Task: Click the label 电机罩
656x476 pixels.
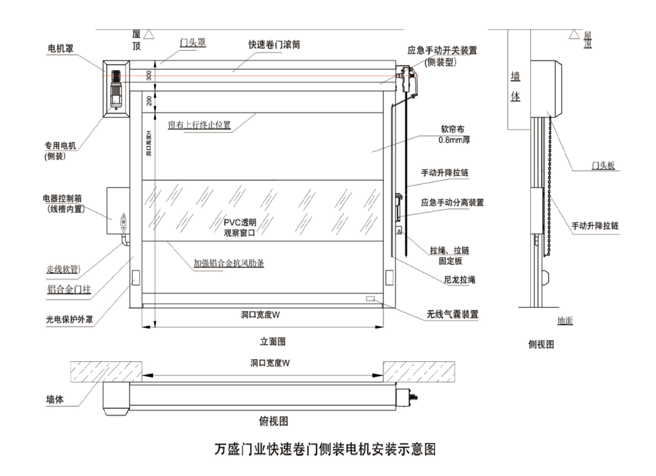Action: [61, 48]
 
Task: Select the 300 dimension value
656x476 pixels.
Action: [149, 75]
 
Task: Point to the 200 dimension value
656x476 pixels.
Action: [149, 101]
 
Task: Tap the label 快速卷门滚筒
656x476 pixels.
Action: [274, 44]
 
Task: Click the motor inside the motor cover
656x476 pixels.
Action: [116, 89]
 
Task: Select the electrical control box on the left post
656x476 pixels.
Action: [118, 211]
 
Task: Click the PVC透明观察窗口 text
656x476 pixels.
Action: [240, 227]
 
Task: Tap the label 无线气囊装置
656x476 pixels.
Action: [452, 314]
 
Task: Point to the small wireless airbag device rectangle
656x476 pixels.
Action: [370, 298]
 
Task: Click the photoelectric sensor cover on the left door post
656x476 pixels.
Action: [136, 278]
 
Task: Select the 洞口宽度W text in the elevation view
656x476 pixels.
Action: [261, 315]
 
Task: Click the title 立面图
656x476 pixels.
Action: [273, 342]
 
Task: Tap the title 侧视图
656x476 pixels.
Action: [541, 344]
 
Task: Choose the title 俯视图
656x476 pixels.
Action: [274, 421]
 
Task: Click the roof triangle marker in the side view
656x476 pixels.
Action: [574, 34]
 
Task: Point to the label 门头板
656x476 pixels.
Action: [603, 166]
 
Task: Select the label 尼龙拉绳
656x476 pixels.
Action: [460, 280]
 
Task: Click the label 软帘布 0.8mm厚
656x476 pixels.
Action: [454, 134]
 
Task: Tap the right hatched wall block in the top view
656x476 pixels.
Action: [419, 372]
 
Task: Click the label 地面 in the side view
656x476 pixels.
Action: [565, 321]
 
